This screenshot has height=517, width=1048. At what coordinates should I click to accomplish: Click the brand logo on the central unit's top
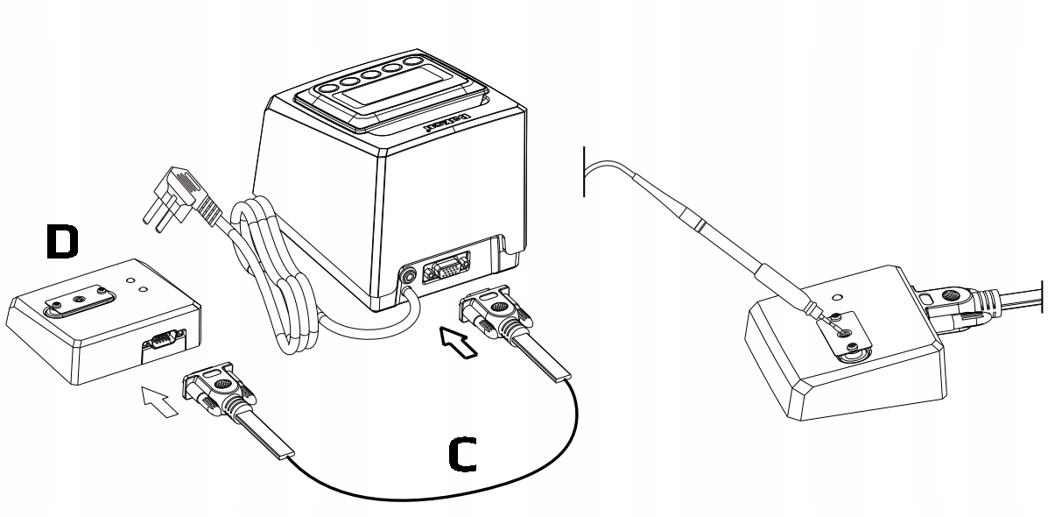click(x=449, y=124)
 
